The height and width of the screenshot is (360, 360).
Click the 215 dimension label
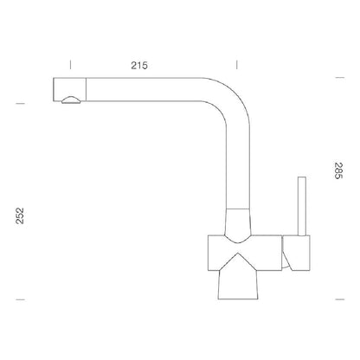tap(139, 66)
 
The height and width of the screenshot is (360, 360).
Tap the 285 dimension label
tap(338, 170)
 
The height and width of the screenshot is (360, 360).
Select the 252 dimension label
tap(20, 215)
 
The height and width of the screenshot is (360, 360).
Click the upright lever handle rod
tap(302, 206)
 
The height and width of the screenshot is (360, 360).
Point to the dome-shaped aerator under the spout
tap(71, 100)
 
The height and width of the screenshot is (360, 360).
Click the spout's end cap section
tap(69, 89)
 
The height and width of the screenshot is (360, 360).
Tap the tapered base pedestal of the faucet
tap(237, 284)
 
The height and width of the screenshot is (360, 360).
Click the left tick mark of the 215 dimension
tap(70, 65)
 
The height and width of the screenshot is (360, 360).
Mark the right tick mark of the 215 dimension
tap(237, 65)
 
